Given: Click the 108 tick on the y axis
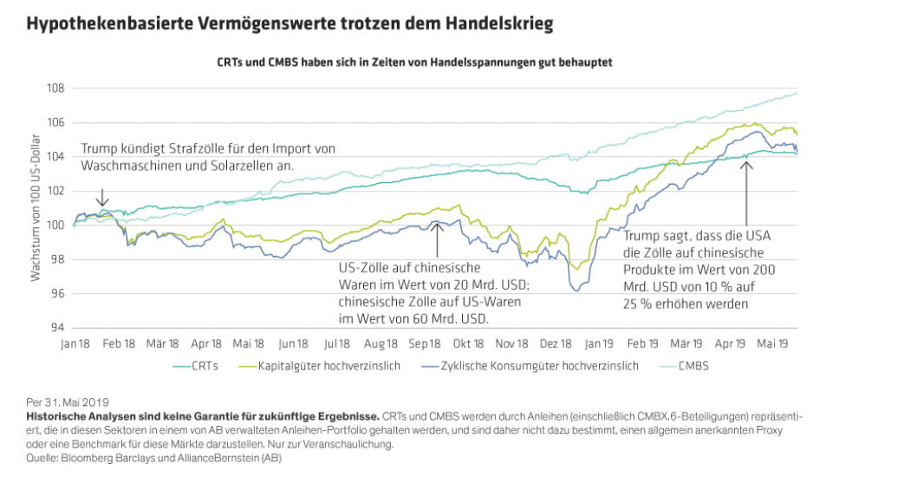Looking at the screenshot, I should tap(55, 88).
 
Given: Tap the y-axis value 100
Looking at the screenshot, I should tap(55, 225).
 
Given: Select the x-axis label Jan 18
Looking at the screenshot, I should tap(75, 343).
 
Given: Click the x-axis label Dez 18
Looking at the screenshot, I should tap(555, 343).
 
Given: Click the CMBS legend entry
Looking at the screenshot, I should tap(695, 366).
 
